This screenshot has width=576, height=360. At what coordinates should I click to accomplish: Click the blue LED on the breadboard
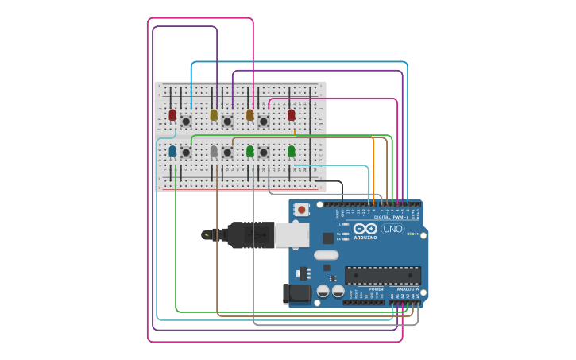tap(172, 150)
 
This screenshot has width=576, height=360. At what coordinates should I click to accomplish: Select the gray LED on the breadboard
tap(214, 150)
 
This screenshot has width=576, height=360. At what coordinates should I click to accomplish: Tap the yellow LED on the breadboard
tap(214, 115)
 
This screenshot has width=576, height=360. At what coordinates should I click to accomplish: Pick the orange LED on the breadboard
tap(250, 115)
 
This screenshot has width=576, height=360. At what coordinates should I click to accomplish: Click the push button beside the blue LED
tap(186, 152)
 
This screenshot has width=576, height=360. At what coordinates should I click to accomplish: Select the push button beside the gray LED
tap(227, 152)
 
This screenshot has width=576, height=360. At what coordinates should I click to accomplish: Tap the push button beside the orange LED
tap(263, 122)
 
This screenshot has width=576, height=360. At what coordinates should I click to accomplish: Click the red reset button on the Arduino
tap(302, 210)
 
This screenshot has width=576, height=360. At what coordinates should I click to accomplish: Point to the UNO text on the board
tap(392, 229)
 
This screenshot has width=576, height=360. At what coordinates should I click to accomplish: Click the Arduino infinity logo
tap(365, 229)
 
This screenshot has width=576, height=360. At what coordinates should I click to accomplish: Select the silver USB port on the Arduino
tap(292, 234)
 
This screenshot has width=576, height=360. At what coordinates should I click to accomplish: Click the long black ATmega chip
tap(382, 275)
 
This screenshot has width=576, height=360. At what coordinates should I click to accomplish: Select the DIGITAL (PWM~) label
tap(390, 216)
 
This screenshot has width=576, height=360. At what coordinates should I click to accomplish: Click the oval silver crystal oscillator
tap(326, 255)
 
